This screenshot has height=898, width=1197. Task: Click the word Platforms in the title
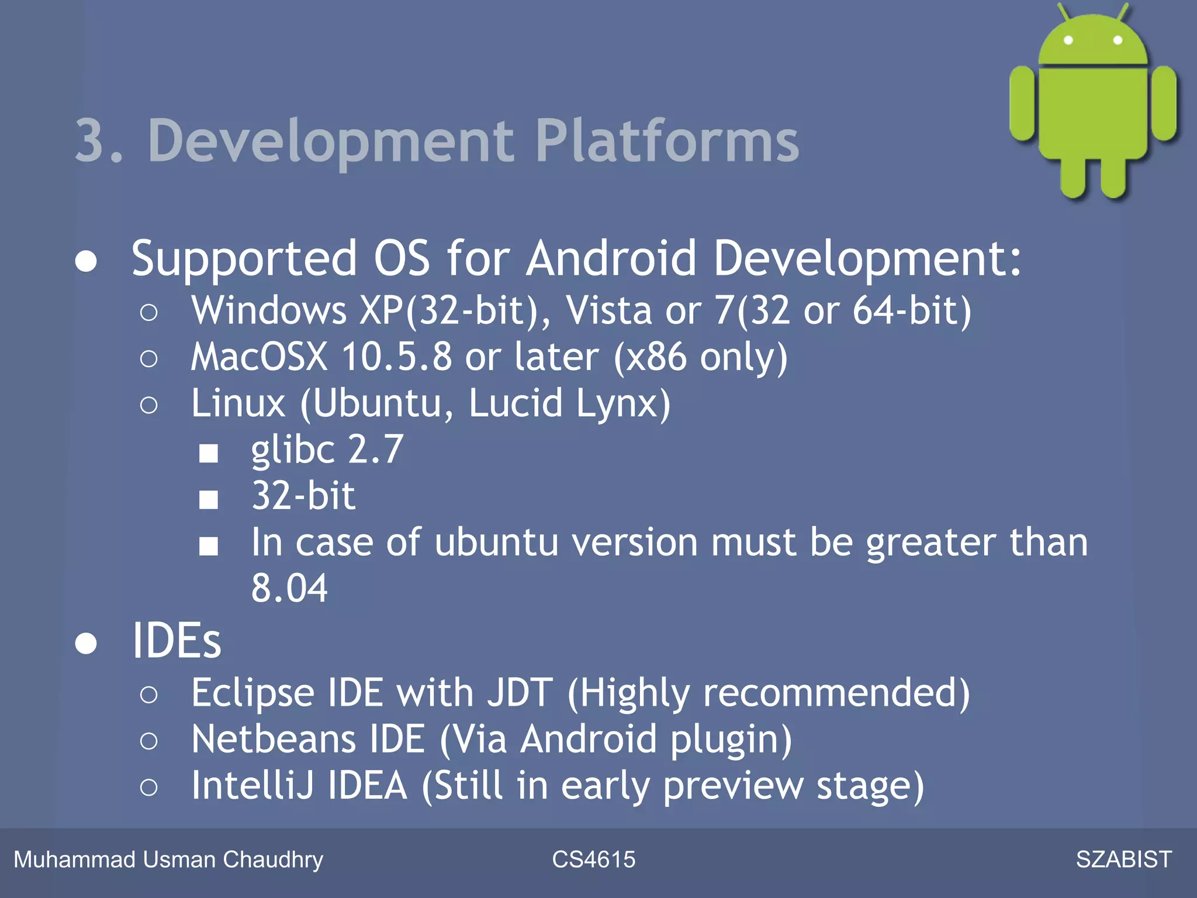(666, 141)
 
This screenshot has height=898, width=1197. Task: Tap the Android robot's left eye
(1068, 40)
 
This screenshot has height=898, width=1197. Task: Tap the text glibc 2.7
(327, 450)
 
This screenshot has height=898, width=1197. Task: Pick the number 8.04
(289, 588)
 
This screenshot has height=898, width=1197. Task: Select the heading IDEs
(177, 641)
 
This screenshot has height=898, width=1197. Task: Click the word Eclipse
(252, 693)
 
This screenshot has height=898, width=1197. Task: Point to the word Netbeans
(274, 740)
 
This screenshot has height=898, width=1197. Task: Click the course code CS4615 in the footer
(593, 859)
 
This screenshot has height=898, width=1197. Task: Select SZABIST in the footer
(1123, 859)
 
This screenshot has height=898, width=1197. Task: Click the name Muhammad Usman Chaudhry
(168, 859)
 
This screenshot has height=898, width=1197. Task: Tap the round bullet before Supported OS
(86, 261)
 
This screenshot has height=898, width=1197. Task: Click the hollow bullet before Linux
(149, 405)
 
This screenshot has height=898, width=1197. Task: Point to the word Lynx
(624, 403)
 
